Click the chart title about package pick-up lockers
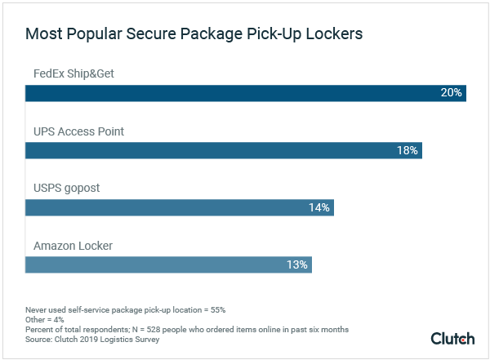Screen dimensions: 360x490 point(194,34)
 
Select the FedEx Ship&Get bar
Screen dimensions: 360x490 point(245,92)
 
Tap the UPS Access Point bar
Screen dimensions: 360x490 point(223,150)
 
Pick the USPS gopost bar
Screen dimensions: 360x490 point(179,207)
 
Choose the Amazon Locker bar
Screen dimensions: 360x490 point(168,264)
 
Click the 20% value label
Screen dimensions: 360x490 point(451,92)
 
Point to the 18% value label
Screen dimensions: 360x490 point(407,150)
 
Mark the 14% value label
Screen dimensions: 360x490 point(318,207)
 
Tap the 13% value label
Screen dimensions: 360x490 point(296,264)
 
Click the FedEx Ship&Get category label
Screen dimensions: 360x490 point(73,73)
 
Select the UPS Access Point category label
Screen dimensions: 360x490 point(78,131)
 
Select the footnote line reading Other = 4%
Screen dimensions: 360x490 point(47,320)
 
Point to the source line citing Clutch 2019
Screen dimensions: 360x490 point(92,340)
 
